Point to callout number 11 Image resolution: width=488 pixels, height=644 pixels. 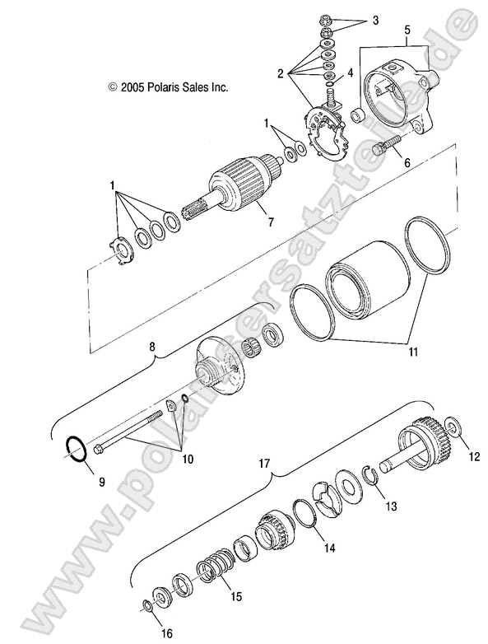[x=388, y=352]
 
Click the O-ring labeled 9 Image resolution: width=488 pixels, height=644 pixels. [x=76, y=451]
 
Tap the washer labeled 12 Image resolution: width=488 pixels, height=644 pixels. [x=453, y=428]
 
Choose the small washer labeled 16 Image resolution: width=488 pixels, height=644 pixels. [x=145, y=607]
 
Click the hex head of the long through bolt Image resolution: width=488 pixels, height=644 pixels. [x=100, y=449]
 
